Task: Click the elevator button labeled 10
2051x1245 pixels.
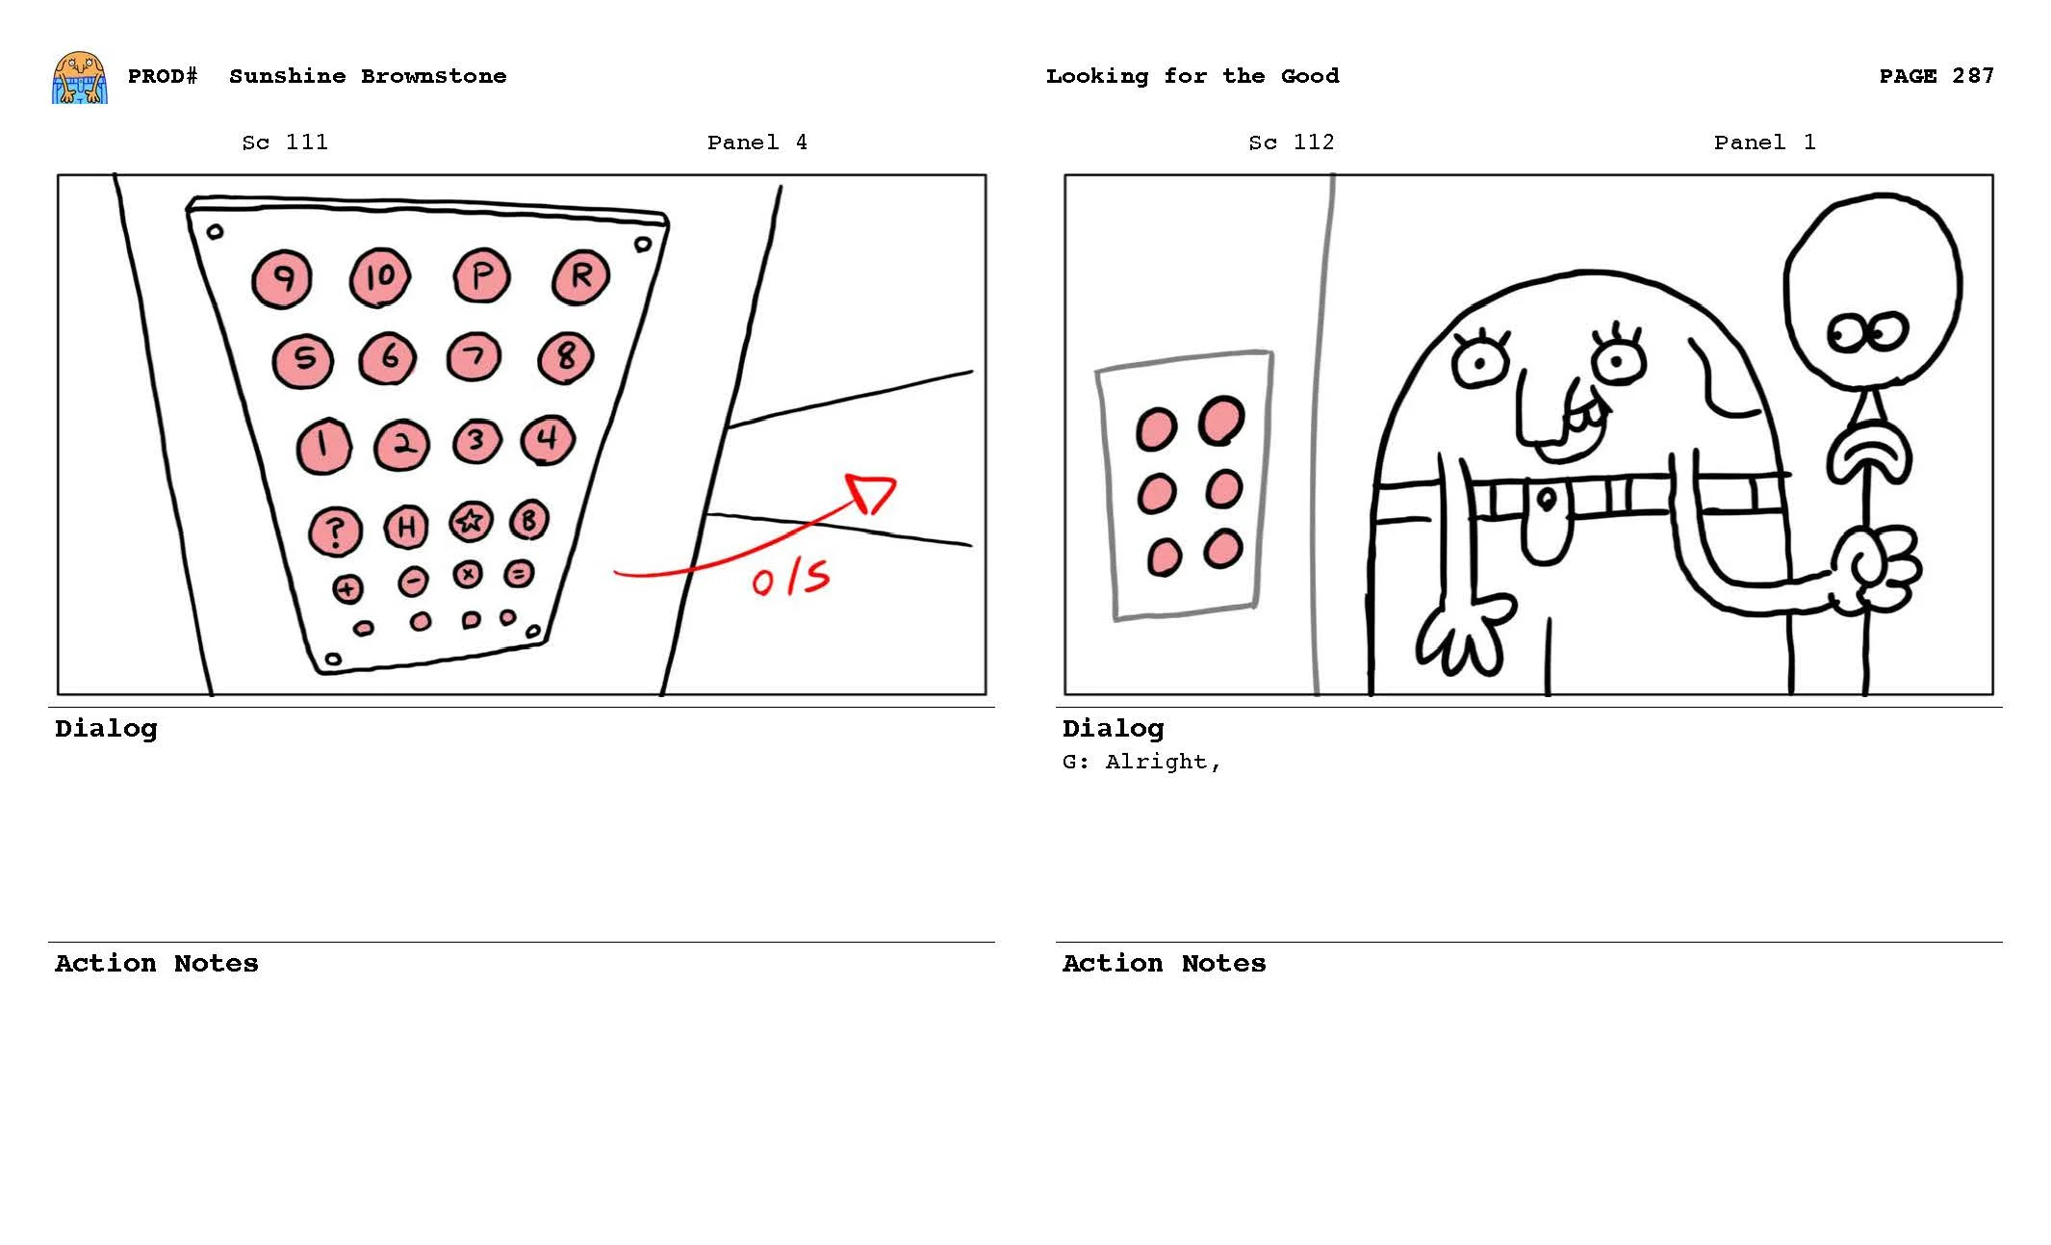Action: click(x=379, y=277)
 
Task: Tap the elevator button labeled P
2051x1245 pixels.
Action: click(x=481, y=275)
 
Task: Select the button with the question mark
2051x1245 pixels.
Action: click(x=335, y=531)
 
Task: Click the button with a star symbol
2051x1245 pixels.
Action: click(x=471, y=521)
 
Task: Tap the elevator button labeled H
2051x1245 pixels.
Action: click(x=405, y=527)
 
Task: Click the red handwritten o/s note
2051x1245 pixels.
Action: click(x=789, y=578)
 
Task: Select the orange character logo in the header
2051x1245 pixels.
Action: click(x=79, y=77)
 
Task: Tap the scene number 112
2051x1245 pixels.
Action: click(x=1313, y=143)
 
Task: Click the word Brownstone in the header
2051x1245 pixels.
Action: click(x=433, y=76)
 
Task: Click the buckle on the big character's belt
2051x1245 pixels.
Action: click(x=1546, y=500)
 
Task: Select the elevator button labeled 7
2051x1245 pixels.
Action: click(x=474, y=356)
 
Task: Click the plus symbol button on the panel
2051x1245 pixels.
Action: click(x=347, y=588)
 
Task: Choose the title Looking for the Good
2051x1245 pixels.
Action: click(x=1192, y=76)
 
